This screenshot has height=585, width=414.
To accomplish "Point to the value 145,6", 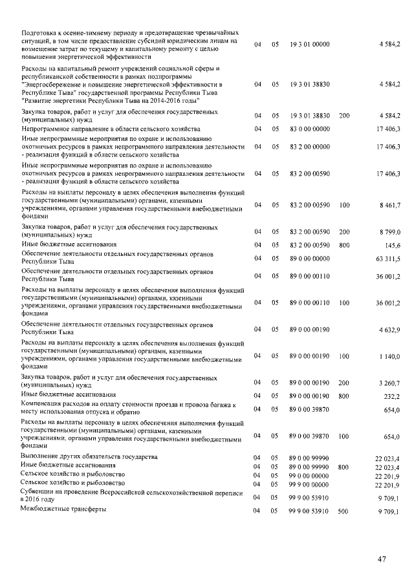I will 392,245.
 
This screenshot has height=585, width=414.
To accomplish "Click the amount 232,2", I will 392,396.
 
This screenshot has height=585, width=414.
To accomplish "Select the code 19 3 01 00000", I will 310,44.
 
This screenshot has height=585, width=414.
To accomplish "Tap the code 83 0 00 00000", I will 310,129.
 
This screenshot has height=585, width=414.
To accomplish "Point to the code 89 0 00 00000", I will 310,259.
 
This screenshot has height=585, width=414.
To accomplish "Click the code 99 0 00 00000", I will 310,476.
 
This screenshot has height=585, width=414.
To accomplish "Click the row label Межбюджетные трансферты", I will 63,509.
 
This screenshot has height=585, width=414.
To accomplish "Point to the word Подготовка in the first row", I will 41,32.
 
